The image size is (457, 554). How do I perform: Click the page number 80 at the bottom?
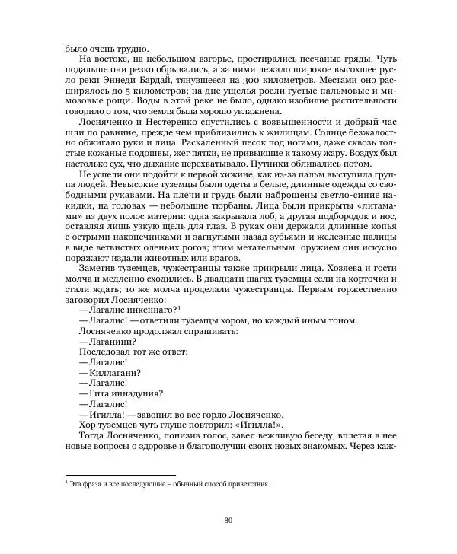pyautogui.click(x=228, y=521)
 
